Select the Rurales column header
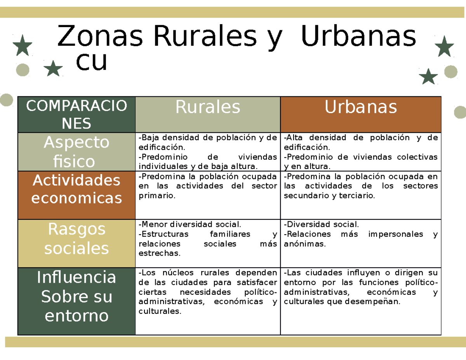click(208, 107)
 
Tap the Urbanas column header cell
click(361, 107)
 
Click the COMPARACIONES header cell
click(77, 115)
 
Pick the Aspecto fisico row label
click(77, 151)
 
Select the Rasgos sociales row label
click(77, 238)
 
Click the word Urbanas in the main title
click(358, 37)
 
